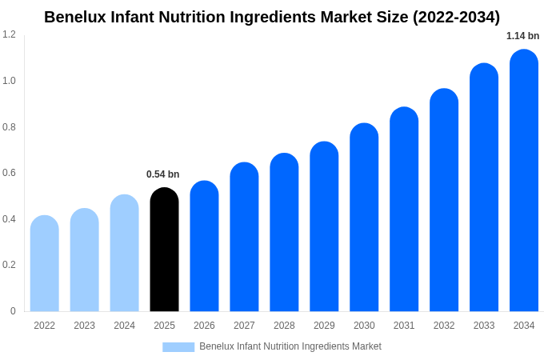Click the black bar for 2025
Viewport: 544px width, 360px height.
pyautogui.click(x=164, y=250)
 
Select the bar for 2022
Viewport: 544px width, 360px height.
pyautogui.click(x=45, y=264)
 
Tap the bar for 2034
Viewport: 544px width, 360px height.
pyautogui.click(x=524, y=181)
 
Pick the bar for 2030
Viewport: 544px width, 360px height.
pyautogui.click(x=364, y=218)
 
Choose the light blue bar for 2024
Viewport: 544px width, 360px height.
pyautogui.click(x=124, y=254)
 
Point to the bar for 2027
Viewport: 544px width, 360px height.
pyautogui.click(x=244, y=238)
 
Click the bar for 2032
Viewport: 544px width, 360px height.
pyautogui.click(x=444, y=200)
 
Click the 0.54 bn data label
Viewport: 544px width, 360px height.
pyautogui.click(x=162, y=174)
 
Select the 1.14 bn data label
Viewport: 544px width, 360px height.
pyautogui.click(x=522, y=36)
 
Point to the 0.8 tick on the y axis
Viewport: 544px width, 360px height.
pyautogui.click(x=9, y=126)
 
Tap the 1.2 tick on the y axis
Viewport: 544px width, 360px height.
pyautogui.click(x=9, y=34)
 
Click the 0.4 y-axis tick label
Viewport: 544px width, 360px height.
pyautogui.click(x=9, y=219)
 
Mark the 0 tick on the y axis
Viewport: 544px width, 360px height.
pyautogui.click(x=13, y=311)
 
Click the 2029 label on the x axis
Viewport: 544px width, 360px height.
pyautogui.click(x=324, y=326)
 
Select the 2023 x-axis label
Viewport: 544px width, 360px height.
pyautogui.click(x=84, y=326)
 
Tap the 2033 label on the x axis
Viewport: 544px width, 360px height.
pyautogui.click(x=484, y=326)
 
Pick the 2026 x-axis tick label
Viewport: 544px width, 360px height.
pyautogui.click(x=204, y=326)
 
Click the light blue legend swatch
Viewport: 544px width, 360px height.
pyautogui.click(x=178, y=347)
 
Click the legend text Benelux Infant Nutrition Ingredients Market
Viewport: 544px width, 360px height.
pyautogui.click(x=290, y=346)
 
